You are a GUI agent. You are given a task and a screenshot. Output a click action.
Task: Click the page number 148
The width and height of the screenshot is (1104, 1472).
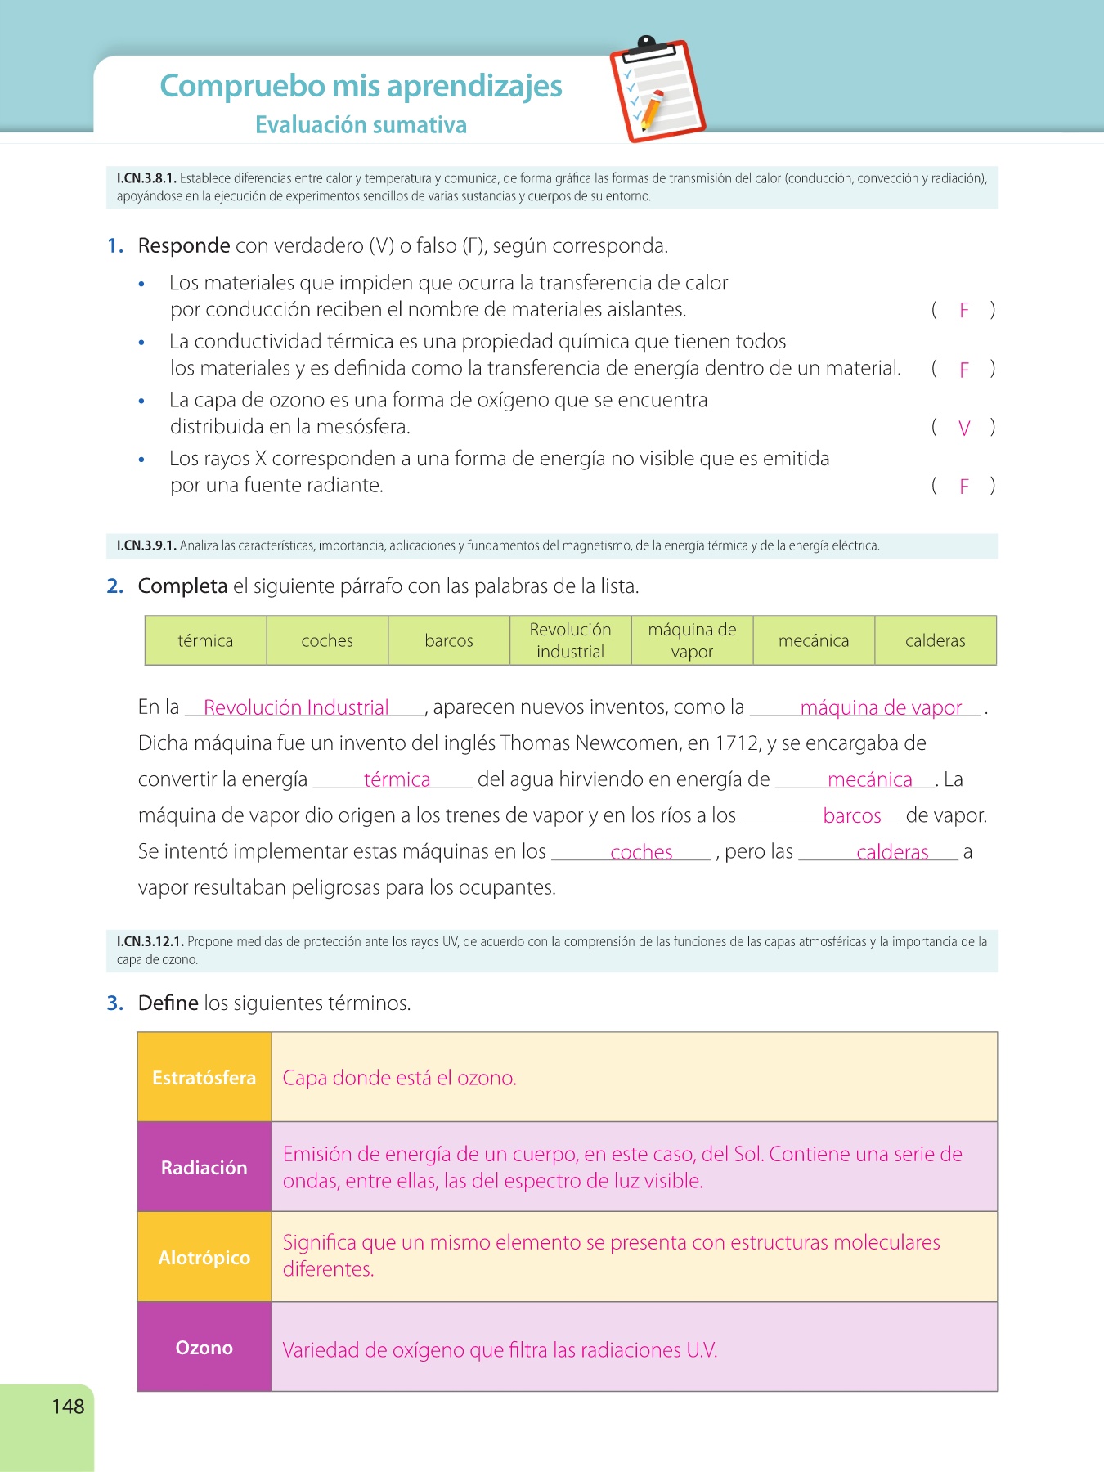click(68, 1407)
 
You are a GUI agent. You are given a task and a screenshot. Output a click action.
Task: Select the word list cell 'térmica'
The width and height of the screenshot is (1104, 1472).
click(205, 640)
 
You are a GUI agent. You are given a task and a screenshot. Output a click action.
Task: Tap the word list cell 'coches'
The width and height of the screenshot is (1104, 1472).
click(327, 640)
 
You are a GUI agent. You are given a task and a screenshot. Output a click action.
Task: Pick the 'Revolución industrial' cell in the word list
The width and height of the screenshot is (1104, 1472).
click(570, 640)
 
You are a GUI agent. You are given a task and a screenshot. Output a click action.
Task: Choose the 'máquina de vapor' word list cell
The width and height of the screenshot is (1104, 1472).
click(692, 640)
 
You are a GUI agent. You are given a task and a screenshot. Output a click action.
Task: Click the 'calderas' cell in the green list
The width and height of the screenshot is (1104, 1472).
click(935, 640)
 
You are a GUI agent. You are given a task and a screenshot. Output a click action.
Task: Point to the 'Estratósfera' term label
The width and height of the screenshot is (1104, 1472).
click(204, 1078)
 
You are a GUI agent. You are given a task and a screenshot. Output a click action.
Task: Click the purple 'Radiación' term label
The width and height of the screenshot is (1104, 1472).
click(204, 1168)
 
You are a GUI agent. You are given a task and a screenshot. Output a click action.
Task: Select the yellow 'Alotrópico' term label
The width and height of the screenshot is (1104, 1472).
click(204, 1258)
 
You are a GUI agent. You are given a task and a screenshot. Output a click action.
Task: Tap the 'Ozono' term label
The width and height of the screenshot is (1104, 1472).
click(204, 1348)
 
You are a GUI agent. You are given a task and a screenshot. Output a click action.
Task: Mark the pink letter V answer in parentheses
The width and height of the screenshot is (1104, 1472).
click(964, 428)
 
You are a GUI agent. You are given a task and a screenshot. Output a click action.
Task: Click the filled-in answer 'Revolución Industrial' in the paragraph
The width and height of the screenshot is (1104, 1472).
click(296, 707)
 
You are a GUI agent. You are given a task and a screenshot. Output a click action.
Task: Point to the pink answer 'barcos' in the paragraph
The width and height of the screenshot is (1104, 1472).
click(852, 815)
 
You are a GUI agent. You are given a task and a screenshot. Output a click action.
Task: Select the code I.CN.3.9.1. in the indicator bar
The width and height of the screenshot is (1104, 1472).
click(146, 545)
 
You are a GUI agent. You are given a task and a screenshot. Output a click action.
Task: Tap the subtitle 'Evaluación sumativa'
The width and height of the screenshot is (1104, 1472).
click(361, 125)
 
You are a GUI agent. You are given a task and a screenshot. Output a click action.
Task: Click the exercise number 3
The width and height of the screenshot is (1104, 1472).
click(114, 1003)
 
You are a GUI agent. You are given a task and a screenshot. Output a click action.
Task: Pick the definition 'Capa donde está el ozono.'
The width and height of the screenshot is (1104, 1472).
click(399, 1078)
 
